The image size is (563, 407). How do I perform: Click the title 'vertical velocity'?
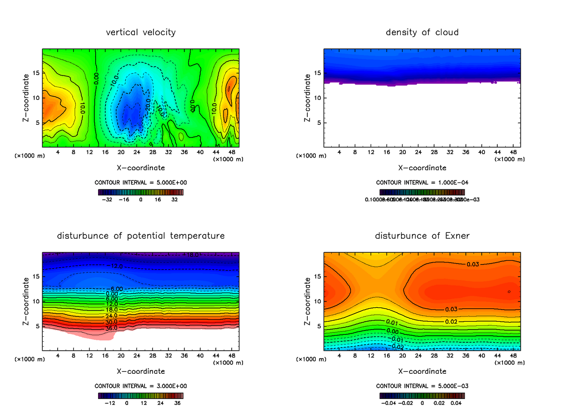click(x=141, y=32)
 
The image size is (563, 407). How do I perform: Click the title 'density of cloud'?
click(x=422, y=32)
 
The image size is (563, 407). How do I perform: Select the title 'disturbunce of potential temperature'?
click(x=141, y=235)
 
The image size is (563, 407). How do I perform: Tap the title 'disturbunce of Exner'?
click(x=422, y=235)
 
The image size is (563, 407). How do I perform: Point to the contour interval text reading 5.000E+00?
click(x=141, y=182)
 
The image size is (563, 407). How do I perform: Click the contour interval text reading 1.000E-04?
click(x=422, y=182)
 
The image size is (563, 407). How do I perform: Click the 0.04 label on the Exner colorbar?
click(x=456, y=402)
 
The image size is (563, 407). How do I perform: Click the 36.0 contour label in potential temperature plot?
click(x=111, y=329)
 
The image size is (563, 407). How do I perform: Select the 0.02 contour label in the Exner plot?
click(x=451, y=322)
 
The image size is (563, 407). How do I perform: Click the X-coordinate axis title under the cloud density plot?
click(x=422, y=167)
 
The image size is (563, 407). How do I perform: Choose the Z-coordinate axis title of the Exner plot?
click(x=308, y=302)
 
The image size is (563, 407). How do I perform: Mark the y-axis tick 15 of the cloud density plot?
click(x=317, y=73)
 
